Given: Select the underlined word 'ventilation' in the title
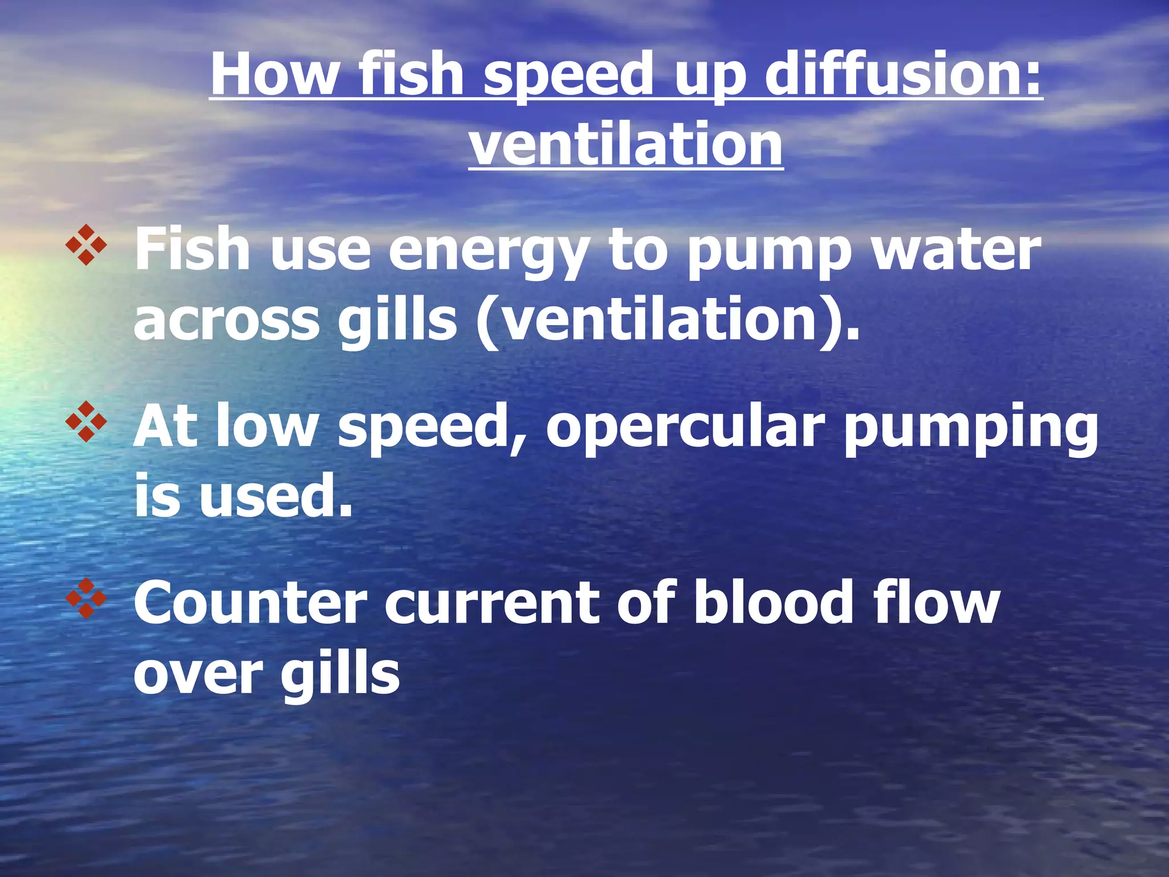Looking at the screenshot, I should pos(626,144).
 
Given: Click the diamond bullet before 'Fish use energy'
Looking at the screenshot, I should pos(86,245).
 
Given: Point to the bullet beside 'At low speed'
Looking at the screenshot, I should pos(86,422).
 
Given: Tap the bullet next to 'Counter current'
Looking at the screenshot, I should pos(86,599).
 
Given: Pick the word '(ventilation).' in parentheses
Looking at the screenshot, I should pos(668,320).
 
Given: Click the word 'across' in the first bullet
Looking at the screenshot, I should pos(227,320).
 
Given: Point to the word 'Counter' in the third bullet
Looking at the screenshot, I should pos(250,603).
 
